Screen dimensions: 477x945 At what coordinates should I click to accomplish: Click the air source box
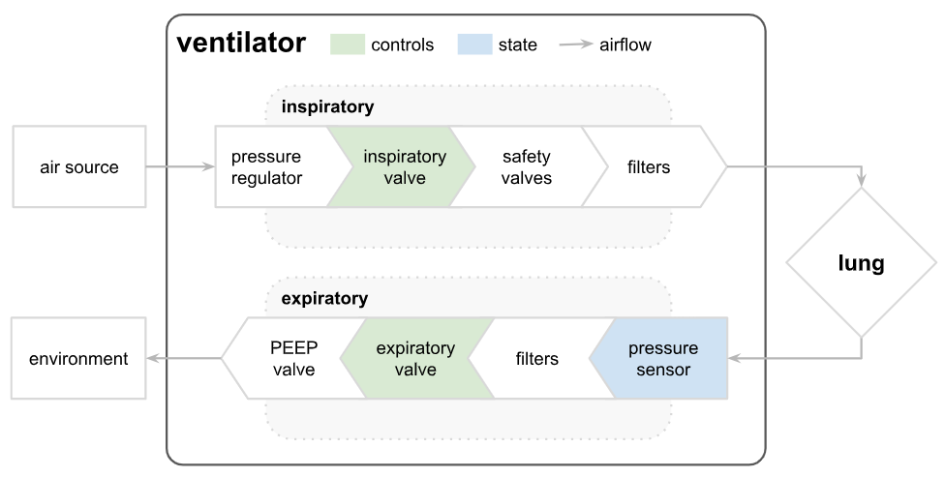point(78,166)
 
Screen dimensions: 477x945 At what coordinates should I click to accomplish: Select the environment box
point(78,359)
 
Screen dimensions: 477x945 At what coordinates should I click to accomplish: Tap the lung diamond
point(861,263)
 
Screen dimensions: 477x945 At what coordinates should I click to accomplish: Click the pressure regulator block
point(266,166)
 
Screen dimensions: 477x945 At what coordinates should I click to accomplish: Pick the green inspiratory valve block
point(404,166)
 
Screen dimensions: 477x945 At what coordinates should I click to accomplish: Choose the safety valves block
point(527,166)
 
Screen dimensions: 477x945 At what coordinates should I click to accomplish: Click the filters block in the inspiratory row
point(649,166)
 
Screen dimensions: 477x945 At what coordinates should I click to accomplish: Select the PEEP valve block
point(293,359)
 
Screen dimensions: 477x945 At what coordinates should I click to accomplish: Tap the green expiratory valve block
point(415,359)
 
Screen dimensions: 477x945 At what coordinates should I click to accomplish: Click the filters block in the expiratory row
point(536,359)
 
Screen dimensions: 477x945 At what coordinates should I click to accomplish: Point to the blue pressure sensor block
point(664,359)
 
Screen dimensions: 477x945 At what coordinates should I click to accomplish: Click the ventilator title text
point(241,44)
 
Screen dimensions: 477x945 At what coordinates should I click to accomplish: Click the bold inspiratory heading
point(327,106)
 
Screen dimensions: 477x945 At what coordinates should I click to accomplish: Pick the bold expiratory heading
point(324,299)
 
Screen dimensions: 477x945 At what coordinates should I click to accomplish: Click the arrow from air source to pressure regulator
point(180,166)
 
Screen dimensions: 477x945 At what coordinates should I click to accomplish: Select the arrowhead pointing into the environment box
point(152,359)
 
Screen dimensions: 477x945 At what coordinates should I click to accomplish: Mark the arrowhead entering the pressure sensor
point(734,359)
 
